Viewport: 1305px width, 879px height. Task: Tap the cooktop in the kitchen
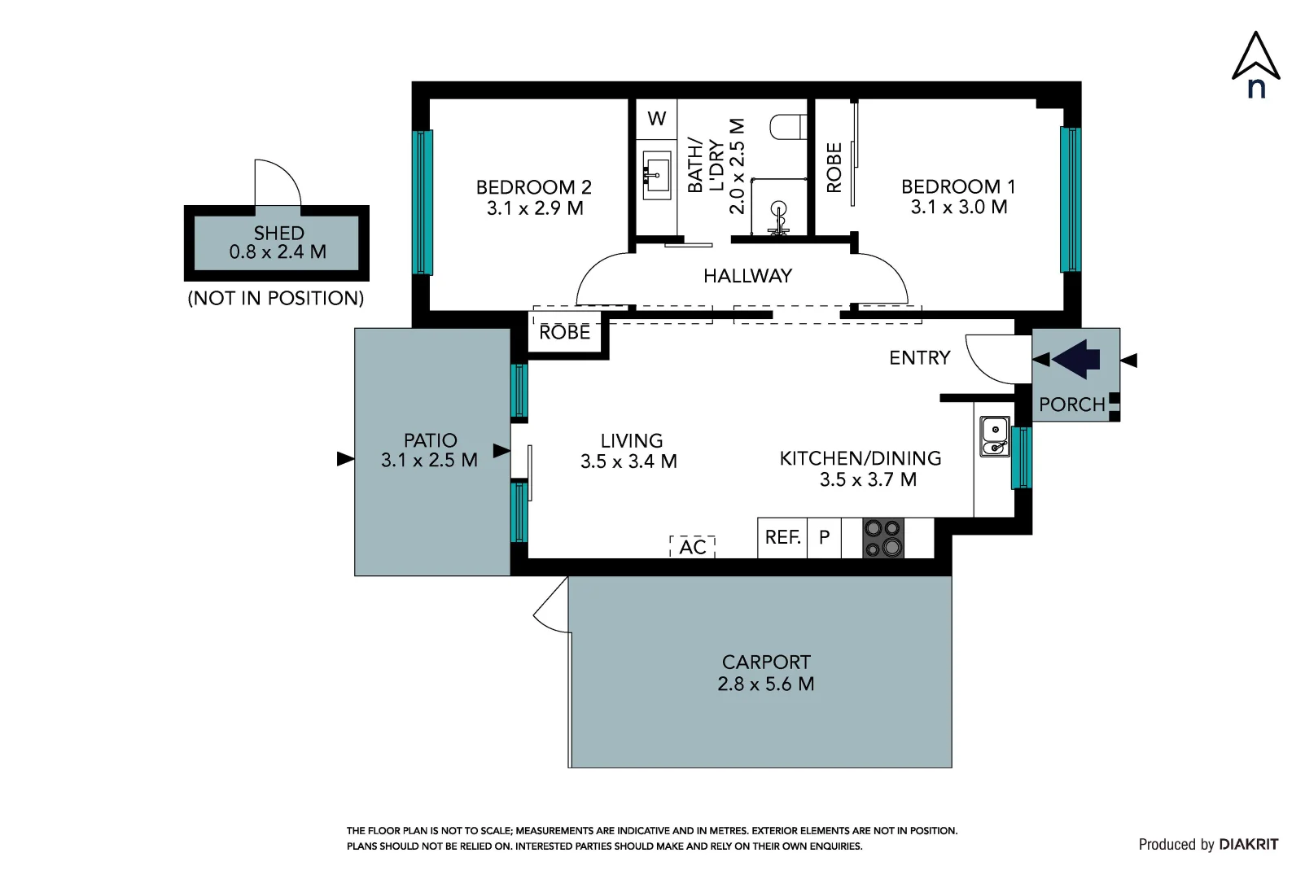point(883,538)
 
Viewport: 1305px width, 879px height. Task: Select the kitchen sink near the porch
point(994,437)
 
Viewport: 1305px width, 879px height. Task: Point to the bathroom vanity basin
point(656,174)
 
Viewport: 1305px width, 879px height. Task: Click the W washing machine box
point(656,119)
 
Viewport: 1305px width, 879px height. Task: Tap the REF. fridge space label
point(782,537)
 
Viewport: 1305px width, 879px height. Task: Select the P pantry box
point(824,537)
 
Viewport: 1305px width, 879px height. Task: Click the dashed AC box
point(692,547)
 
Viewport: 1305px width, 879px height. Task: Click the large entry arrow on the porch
point(1076,359)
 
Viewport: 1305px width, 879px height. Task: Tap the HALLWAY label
point(747,276)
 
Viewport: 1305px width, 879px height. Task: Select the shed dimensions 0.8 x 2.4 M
point(278,252)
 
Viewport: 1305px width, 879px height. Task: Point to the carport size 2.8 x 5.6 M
point(765,684)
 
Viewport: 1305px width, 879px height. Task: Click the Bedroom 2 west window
point(422,202)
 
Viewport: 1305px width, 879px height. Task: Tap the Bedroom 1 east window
point(1070,199)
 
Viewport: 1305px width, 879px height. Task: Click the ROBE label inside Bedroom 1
point(834,168)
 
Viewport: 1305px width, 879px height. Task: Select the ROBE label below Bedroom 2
point(564,333)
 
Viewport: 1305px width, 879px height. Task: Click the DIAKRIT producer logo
point(1248,845)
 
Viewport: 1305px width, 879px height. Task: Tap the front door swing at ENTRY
point(989,360)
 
